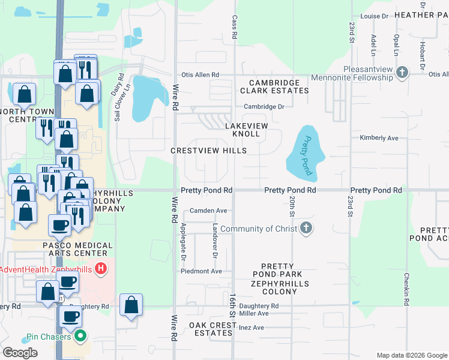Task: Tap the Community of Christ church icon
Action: click(x=306, y=229)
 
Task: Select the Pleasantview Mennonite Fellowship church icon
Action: click(x=402, y=74)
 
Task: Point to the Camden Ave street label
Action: click(x=208, y=211)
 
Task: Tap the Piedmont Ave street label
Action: click(x=202, y=271)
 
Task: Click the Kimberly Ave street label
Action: click(x=379, y=138)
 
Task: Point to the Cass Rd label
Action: click(x=235, y=25)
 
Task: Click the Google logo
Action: click(x=20, y=352)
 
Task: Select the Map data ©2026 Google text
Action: click(x=411, y=355)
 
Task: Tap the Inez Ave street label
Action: click(x=252, y=328)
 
